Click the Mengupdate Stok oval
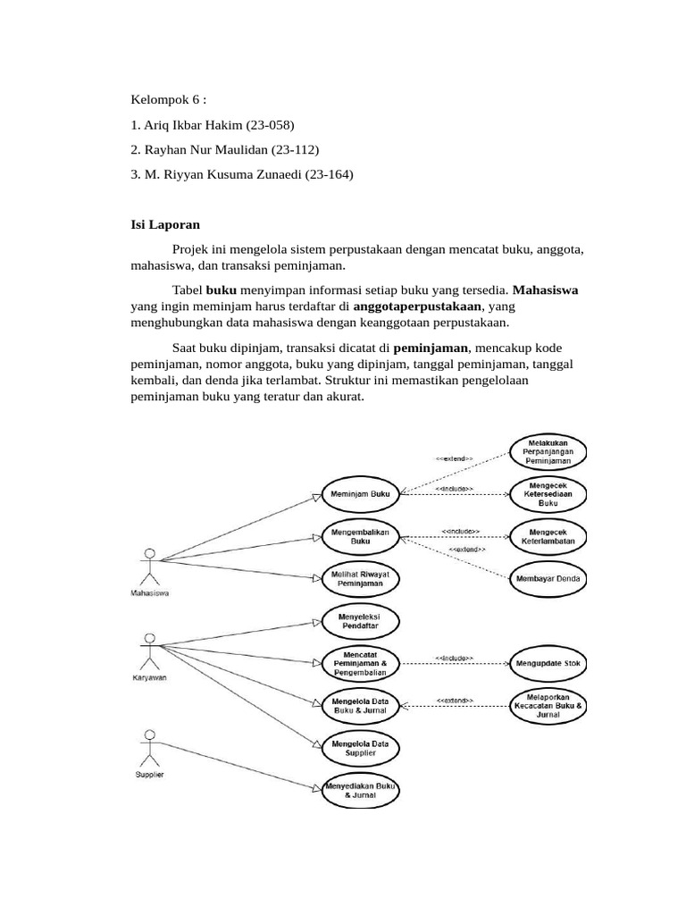(548, 663)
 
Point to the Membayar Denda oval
(548, 578)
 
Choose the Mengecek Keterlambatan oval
(548, 535)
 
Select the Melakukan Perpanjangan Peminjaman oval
(548, 451)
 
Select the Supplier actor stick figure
(149, 745)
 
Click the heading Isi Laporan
(166, 226)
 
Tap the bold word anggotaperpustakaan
(417, 306)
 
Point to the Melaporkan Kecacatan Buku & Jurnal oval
(548, 705)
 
